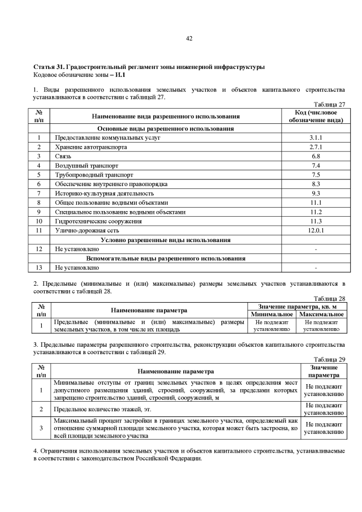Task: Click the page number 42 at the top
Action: coord(189,38)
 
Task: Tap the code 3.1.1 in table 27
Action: coord(316,138)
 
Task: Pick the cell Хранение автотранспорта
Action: coord(90,147)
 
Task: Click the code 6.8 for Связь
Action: coord(316,156)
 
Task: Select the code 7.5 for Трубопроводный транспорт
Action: coord(316,175)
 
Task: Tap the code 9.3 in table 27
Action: coord(316,193)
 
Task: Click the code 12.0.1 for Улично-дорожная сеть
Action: coord(316,230)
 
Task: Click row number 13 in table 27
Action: coord(39,268)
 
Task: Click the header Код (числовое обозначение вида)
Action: coord(316,117)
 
